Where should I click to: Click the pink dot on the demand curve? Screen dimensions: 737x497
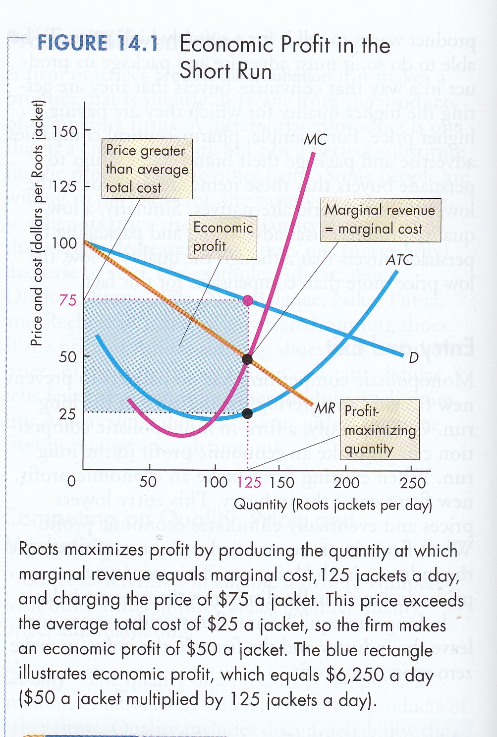point(248,300)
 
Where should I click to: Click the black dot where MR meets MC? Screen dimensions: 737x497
point(247,359)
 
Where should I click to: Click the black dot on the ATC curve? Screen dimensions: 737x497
point(247,413)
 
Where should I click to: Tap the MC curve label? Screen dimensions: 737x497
point(315,140)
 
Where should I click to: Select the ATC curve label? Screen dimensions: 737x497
point(399,260)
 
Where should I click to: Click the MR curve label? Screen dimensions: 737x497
point(325,408)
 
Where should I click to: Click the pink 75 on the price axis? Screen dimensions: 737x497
point(67,300)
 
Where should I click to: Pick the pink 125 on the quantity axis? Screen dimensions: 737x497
point(249,482)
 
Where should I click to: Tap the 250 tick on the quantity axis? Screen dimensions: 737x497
point(413,482)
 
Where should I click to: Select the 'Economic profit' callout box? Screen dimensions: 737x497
point(223,237)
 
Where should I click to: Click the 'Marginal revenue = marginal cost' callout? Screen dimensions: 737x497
point(380,220)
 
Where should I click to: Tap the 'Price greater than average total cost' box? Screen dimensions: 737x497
point(147,169)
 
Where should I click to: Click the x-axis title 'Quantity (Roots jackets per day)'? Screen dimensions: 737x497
point(332,505)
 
